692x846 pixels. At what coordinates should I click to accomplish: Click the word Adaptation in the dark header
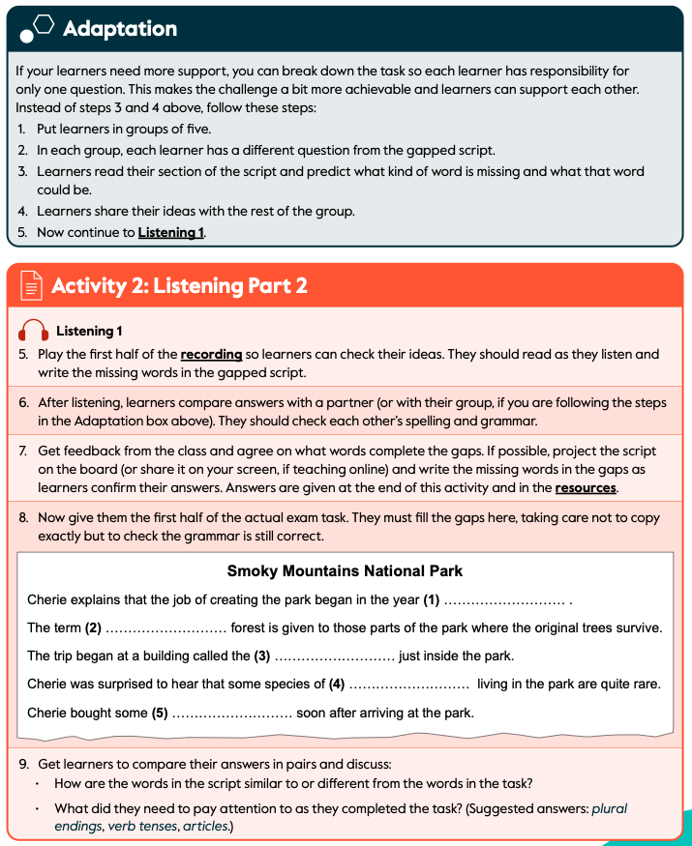[x=120, y=29]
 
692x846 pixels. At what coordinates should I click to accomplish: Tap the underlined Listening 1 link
[x=171, y=232]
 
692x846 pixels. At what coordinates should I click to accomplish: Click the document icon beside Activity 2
[x=31, y=286]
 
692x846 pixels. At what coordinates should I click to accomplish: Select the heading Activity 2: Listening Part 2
[x=179, y=286]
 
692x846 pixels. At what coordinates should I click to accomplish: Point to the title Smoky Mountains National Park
[x=345, y=571]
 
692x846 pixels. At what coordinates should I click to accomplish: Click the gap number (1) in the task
[x=432, y=600]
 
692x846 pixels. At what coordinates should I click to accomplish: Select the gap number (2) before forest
[x=93, y=628]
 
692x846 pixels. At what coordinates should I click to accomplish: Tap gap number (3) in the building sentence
[x=261, y=656]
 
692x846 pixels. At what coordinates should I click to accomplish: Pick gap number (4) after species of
[x=337, y=685]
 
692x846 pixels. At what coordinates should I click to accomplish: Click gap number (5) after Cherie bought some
[x=160, y=714]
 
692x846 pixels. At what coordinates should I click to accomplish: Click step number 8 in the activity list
[x=23, y=518]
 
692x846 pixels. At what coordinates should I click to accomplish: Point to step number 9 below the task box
[x=23, y=764]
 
